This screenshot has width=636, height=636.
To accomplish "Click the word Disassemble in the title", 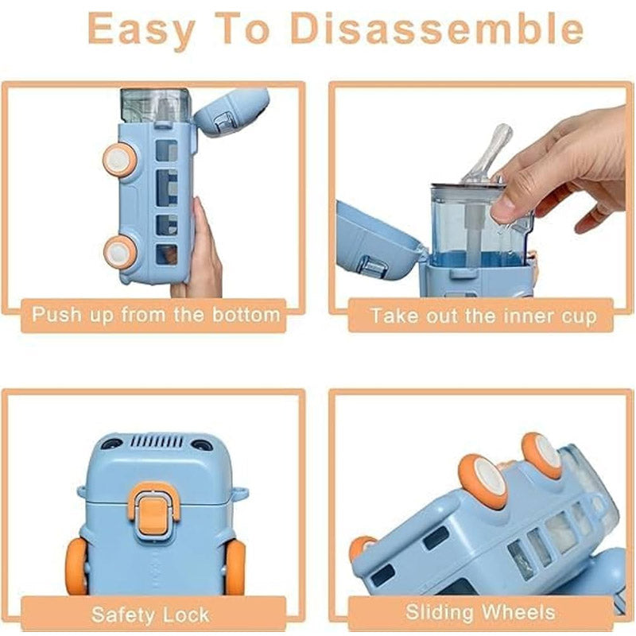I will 436,29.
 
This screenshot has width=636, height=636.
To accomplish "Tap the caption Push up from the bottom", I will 156,314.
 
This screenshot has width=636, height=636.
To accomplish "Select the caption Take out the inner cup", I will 483,316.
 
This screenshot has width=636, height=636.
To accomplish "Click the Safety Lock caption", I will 150,614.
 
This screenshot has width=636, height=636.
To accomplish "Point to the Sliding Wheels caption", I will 479,612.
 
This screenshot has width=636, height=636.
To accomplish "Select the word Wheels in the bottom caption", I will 518,612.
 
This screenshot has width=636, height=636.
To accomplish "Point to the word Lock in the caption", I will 184,614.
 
